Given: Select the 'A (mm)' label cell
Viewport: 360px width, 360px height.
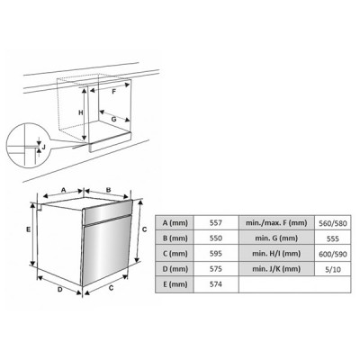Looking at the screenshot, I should (175, 222).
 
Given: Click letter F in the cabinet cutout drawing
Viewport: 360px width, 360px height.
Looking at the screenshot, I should (114, 92).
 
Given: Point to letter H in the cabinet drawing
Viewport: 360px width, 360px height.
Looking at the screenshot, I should (80, 112).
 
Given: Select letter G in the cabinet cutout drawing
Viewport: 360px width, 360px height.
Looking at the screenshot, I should (114, 119).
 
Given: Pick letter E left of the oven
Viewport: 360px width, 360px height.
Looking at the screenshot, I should (28, 230).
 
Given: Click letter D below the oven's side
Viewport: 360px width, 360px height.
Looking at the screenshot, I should (58, 291).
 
